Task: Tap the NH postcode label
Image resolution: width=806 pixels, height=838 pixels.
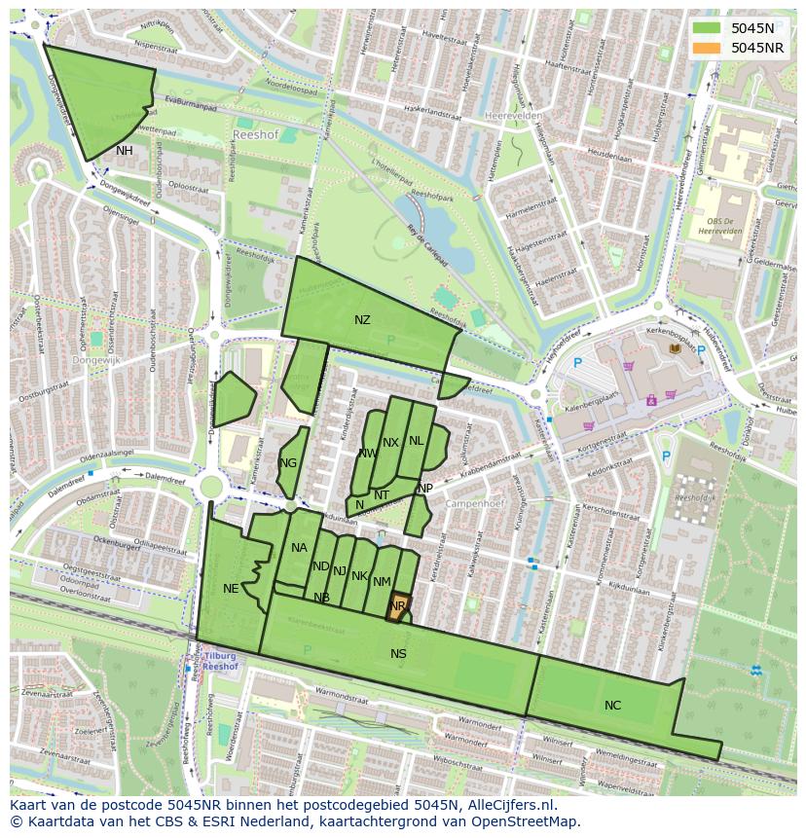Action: [125, 151]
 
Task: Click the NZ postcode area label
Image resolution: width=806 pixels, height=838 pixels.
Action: [362, 320]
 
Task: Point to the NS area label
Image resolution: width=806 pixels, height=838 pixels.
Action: [398, 654]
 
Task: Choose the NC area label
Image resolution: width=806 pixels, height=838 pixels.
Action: [612, 706]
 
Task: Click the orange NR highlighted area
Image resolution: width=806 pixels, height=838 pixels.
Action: [397, 608]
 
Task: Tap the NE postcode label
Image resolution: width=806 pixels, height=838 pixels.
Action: [231, 589]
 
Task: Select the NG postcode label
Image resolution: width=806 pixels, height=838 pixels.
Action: [288, 463]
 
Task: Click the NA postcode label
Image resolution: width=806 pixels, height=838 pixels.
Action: [299, 548]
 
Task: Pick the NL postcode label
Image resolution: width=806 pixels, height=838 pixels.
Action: [417, 441]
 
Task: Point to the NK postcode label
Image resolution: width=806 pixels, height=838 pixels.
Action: [359, 576]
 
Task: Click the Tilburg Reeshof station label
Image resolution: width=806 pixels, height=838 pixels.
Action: [221, 662]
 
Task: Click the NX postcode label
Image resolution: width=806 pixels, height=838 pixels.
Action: [390, 443]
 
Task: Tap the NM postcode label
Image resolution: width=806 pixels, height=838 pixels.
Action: [382, 582]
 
